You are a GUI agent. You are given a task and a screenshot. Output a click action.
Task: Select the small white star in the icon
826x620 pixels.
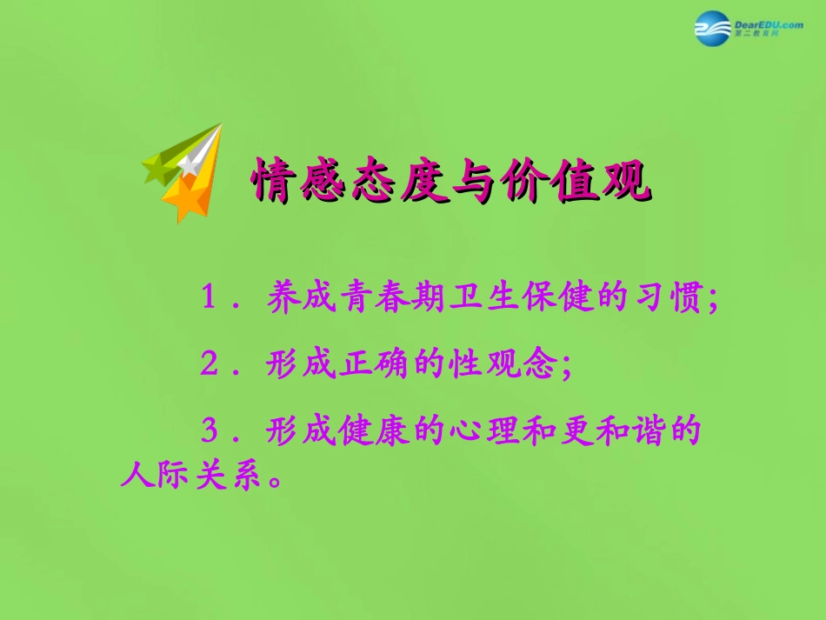189,163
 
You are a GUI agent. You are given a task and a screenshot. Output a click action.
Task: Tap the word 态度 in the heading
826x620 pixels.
400,182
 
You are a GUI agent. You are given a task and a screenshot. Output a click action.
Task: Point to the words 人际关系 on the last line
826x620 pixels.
190,477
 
